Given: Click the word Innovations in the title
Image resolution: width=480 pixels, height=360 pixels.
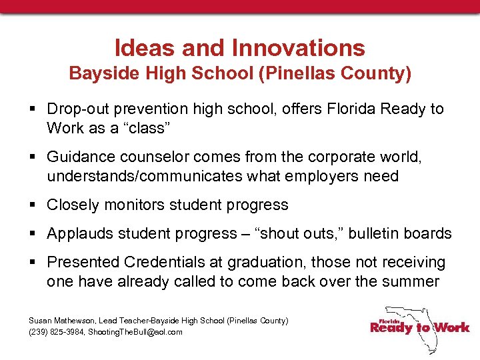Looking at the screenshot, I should pyautogui.click(x=299, y=48).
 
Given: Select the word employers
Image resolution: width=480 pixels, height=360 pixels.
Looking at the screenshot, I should pyautogui.click(x=321, y=176).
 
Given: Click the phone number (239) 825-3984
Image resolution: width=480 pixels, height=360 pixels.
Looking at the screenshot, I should pyautogui.click(x=56, y=332).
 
